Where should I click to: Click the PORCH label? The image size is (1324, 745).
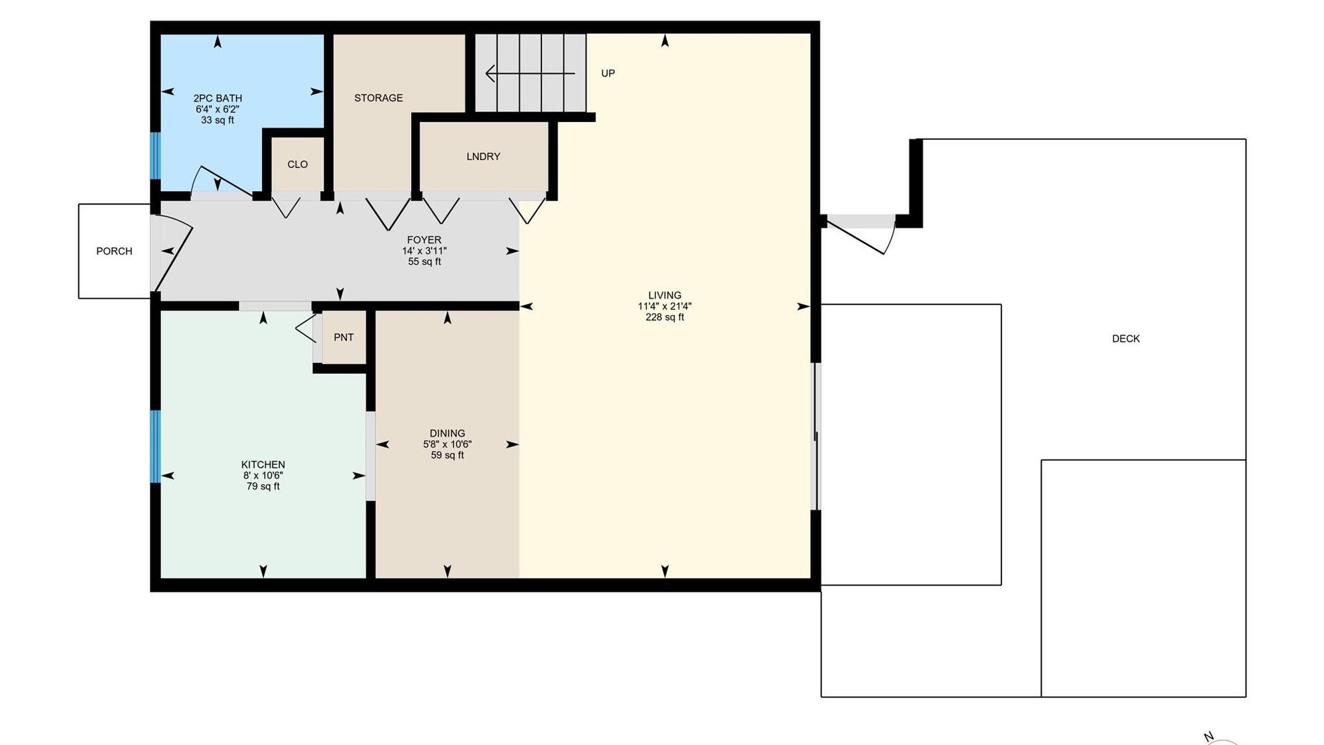(114, 251)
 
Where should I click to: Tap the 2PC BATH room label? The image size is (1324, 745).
(217, 98)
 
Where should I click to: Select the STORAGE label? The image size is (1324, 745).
(379, 98)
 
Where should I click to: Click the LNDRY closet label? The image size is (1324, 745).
(483, 157)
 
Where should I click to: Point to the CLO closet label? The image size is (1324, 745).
(298, 164)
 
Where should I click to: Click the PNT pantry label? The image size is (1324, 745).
(343, 337)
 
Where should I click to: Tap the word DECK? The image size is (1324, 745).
(1126, 339)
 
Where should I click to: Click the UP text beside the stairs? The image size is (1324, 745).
(608, 73)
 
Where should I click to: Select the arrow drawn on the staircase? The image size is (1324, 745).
(530, 73)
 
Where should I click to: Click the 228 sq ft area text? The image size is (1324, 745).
(665, 317)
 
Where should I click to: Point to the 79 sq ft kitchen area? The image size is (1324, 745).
(263, 486)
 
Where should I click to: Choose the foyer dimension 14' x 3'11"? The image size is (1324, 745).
(424, 251)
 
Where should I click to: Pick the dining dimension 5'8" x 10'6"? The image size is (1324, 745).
(448, 444)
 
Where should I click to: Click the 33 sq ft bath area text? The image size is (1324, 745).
(217, 120)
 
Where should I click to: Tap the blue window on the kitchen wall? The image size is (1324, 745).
(155, 446)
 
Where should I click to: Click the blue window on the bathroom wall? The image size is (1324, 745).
(155, 155)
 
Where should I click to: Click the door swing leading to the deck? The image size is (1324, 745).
(862, 235)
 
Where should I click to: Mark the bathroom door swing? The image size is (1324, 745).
(221, 181)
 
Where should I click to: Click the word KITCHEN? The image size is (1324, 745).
(263, 465)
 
